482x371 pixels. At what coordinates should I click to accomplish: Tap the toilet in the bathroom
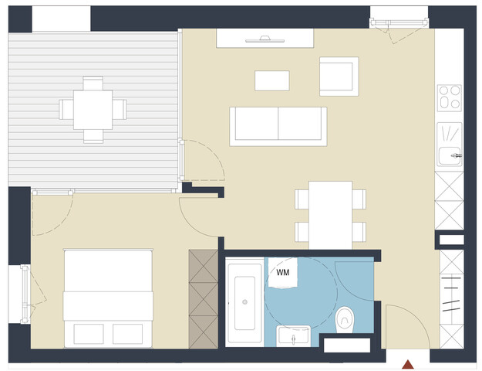(345, 317)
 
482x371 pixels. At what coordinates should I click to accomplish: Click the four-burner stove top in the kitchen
(449, 97)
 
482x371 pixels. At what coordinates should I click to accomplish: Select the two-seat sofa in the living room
(278, 124)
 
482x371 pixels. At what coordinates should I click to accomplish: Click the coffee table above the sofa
(271, 80)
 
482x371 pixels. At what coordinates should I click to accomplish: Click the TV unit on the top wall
(265, 38)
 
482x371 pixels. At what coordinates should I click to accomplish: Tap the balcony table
(93, 109)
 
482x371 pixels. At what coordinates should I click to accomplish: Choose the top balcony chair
(93, 83)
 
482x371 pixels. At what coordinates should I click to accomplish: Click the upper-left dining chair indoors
(302, 199)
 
